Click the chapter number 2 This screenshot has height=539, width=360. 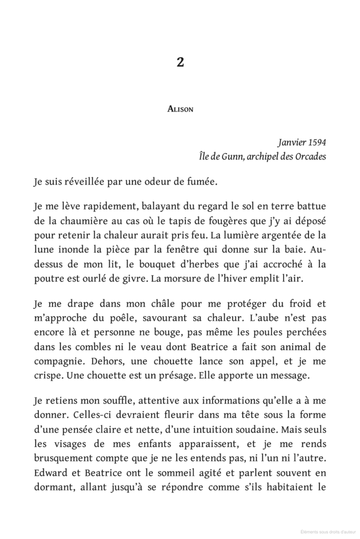[x=180, y=63]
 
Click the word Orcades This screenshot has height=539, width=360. [x=308, y=157]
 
